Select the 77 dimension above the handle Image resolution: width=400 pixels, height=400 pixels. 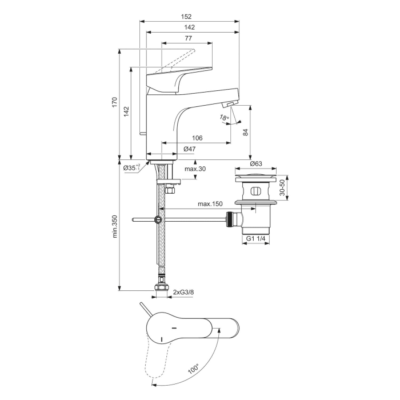[x=188, y=38]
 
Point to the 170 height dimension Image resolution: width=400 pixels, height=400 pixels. [x=114, y=103]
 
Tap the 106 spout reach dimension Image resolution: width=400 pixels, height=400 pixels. [x=197, y=138]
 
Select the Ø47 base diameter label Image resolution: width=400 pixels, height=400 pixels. [x=190, y=149]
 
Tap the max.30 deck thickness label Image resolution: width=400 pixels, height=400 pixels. [x=195, y=169]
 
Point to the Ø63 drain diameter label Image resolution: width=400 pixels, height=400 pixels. [x=256, y=163]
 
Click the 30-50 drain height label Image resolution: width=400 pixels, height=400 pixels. [x=282, y=187]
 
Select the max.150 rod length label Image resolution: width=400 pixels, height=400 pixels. [x=210, y=204]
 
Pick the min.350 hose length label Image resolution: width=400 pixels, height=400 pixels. [x=114, y=226]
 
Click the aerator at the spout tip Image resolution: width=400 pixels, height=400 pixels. [x=228, y=104]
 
